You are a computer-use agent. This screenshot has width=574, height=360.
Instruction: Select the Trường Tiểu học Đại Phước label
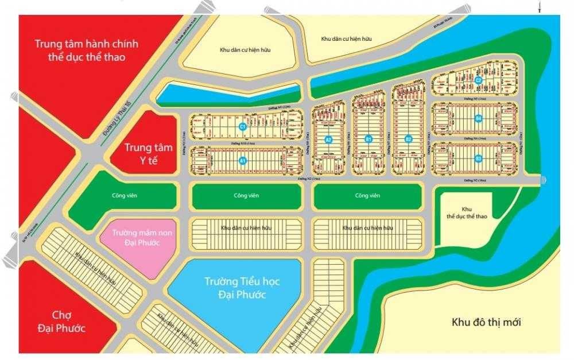coord(236,288)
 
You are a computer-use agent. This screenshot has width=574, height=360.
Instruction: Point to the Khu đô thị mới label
coord(486,322)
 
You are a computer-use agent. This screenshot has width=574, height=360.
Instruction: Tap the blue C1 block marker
coord(243,126)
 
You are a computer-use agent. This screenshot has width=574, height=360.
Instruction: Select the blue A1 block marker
coord(243,161)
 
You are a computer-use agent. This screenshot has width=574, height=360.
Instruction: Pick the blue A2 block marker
coord(329,139)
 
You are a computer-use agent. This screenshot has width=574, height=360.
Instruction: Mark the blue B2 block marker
coord(408,139)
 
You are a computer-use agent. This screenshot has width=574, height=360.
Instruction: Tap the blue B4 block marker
coord(478,119)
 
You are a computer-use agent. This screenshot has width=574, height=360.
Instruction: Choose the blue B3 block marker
coord(478,158)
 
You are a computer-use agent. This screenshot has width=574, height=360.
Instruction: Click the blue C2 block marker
coord(478,80)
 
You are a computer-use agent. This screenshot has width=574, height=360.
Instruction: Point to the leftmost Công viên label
coord(124,196)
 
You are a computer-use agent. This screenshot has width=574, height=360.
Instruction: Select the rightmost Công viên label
coord(367,196)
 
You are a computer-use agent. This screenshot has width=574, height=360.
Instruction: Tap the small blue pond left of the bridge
coord(230,94)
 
